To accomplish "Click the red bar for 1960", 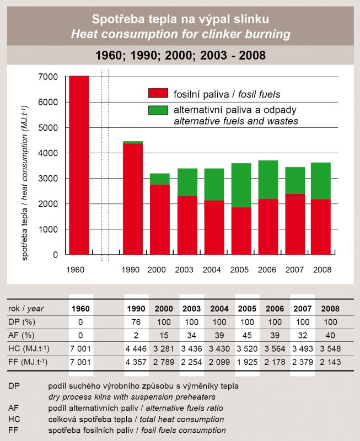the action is pyautogui.click(x=79, y=165).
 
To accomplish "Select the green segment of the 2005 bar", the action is pyautogui.click(x=241, y=185).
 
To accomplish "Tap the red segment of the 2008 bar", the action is pyautogui.click(x=321, y=227).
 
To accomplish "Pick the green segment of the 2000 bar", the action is pyautogui.click(x=160, y=179).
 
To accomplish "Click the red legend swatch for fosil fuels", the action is pyautogui.click(x=158, y=93).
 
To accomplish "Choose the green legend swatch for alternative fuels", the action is pyautogui.click(x=158, y=110).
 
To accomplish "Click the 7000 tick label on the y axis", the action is pyautogui.click(x=48, y=77).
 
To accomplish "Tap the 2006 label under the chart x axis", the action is pyautogui.click(x=267, y=270).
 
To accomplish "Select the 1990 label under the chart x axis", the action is pyautogui.click(x=131, y=270).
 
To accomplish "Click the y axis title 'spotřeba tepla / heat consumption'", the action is pyautogui.click(x=25, y=183).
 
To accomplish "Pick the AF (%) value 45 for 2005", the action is pyautogui.click(x=247, y=335).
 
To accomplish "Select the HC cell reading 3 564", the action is pyautogui.click(x=275, y=349).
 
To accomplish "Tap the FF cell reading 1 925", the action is pyautogui.click(x=247, y=362).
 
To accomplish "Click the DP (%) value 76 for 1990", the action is pyautogui.click(x=136, y=322).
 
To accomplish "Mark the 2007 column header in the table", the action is pyautogui.click(x=302, y=309).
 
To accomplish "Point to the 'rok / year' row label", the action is pyautogui.click(x=26, y=309).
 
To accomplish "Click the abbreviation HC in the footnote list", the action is pyautogui.click(x=14, y=420).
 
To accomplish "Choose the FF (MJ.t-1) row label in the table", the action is pyautogui.click(x=28, y=362).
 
